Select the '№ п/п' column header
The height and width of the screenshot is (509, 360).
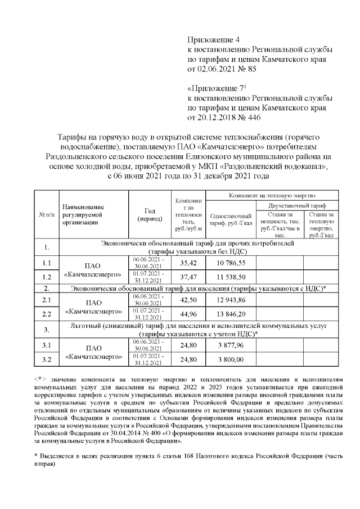pyautogui.click(x=47, y=215)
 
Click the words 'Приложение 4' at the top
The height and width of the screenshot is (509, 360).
pyautogui.click(x=213, y=40)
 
